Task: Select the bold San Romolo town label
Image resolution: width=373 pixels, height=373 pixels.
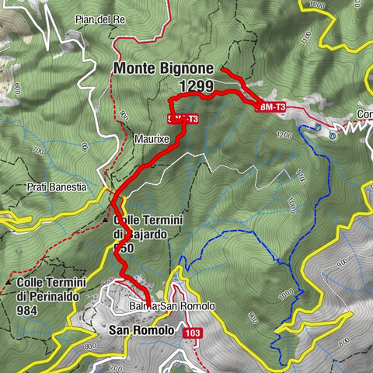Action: [141, 330]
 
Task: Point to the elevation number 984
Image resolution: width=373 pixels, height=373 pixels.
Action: [30, 309]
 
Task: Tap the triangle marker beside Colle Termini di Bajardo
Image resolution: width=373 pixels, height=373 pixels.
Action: [106, 221]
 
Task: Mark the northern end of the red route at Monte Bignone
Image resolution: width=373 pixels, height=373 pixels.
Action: [223, 70]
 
